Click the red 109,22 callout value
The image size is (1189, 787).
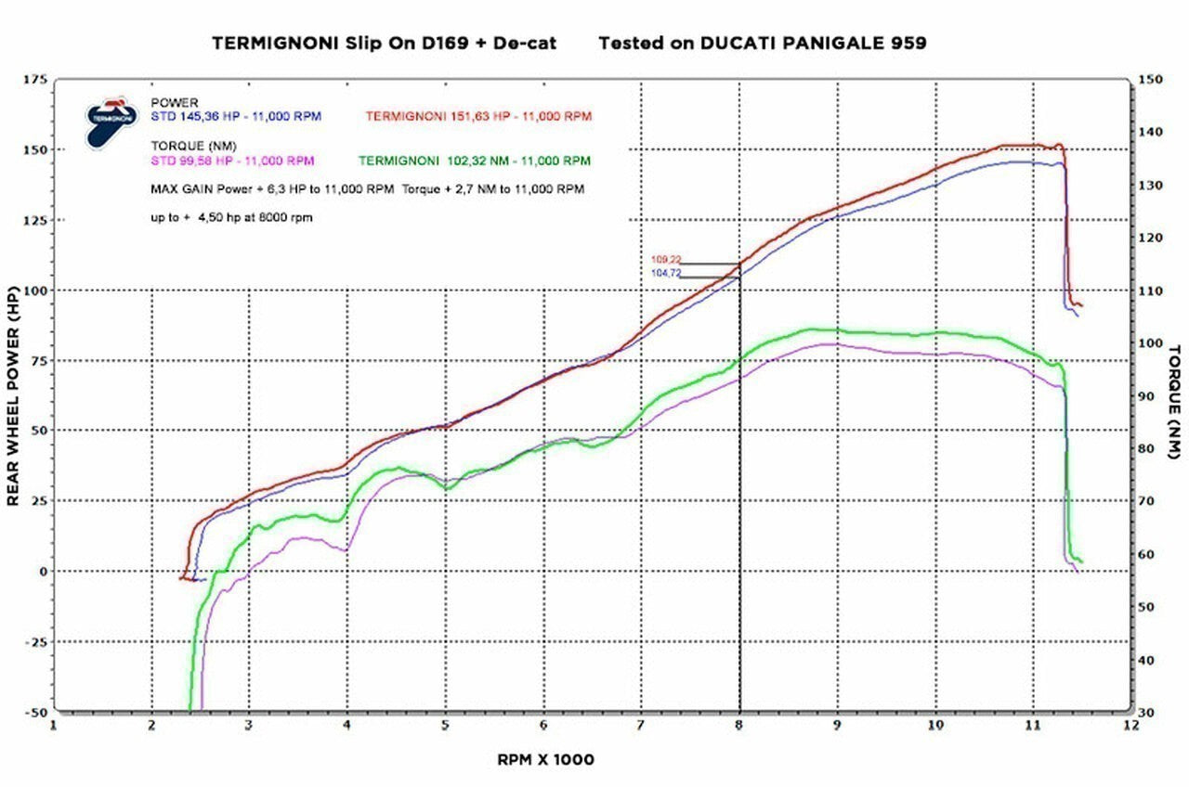[665, 260]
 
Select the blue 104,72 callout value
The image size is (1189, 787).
[665, 273]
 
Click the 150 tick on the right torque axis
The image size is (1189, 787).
[1150, 80]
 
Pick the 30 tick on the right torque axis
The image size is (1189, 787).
[1146, 712]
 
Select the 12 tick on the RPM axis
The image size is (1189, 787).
[1130, 727]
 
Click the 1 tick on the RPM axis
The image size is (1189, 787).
[54, 727]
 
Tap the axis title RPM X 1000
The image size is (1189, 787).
[545, 759]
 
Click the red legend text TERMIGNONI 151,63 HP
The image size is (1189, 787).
[478, 117]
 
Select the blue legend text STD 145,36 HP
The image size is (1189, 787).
[236, 117]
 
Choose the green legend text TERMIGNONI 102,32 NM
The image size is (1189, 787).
[474, 161]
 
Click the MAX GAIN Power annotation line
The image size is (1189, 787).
[367, 188]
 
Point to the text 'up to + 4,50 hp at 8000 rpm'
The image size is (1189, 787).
[231, 219]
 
